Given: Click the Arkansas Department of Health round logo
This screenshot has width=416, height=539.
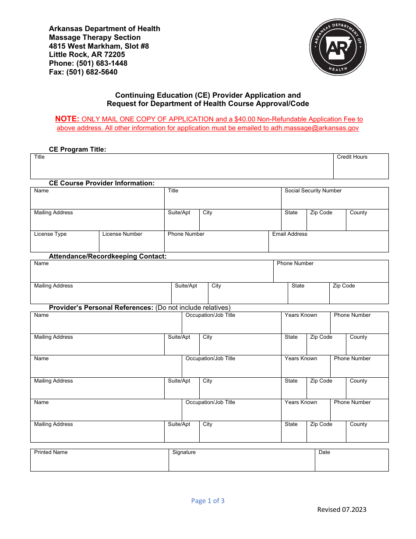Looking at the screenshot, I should point(338,47).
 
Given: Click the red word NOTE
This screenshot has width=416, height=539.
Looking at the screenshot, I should point(67,119).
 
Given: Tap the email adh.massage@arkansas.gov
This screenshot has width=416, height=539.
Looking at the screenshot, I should point(312,128).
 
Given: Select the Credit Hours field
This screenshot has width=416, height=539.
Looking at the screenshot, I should point(361,167).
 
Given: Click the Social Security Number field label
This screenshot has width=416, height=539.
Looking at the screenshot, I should point(313,191).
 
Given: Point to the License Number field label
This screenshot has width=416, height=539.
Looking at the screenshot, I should point(122,234).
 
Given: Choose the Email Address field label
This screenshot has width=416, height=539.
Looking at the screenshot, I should point(289,234).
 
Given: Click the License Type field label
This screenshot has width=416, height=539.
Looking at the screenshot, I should point(50,234).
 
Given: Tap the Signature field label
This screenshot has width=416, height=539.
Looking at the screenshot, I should point(184,452).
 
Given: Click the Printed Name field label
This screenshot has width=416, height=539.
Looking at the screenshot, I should point(51,452).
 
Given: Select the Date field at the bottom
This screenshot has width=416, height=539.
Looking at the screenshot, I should point(351,460).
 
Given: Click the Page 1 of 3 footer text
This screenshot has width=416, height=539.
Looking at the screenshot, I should point(208,501).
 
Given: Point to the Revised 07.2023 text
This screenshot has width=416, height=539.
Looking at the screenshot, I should point(342,509).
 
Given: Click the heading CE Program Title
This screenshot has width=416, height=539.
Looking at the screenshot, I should point(78,149).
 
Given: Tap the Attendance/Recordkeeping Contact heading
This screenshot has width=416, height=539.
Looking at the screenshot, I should point(108,256).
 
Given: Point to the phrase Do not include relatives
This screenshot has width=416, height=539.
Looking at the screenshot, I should point(193,308).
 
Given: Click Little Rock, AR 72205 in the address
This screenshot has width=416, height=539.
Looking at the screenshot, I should point(87,54).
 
